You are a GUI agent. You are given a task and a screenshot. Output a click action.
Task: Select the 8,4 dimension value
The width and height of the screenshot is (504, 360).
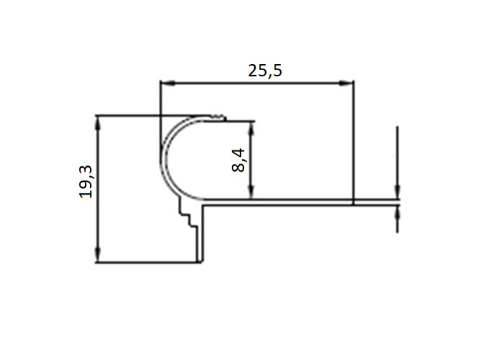239,159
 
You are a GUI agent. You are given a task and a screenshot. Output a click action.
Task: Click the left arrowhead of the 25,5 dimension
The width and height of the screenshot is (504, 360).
165,84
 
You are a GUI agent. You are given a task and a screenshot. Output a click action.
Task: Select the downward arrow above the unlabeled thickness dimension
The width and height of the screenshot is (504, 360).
397,192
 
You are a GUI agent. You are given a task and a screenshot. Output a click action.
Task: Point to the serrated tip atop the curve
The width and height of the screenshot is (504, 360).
217,116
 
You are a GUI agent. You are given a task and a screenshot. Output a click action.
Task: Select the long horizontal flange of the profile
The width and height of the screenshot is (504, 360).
288,202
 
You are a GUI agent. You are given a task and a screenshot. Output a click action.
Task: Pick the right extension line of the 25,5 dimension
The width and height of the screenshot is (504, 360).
354,144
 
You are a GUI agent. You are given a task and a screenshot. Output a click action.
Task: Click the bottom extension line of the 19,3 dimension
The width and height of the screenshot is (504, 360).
144,262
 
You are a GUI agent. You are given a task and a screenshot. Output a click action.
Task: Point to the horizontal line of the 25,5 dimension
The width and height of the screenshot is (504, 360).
216,84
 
